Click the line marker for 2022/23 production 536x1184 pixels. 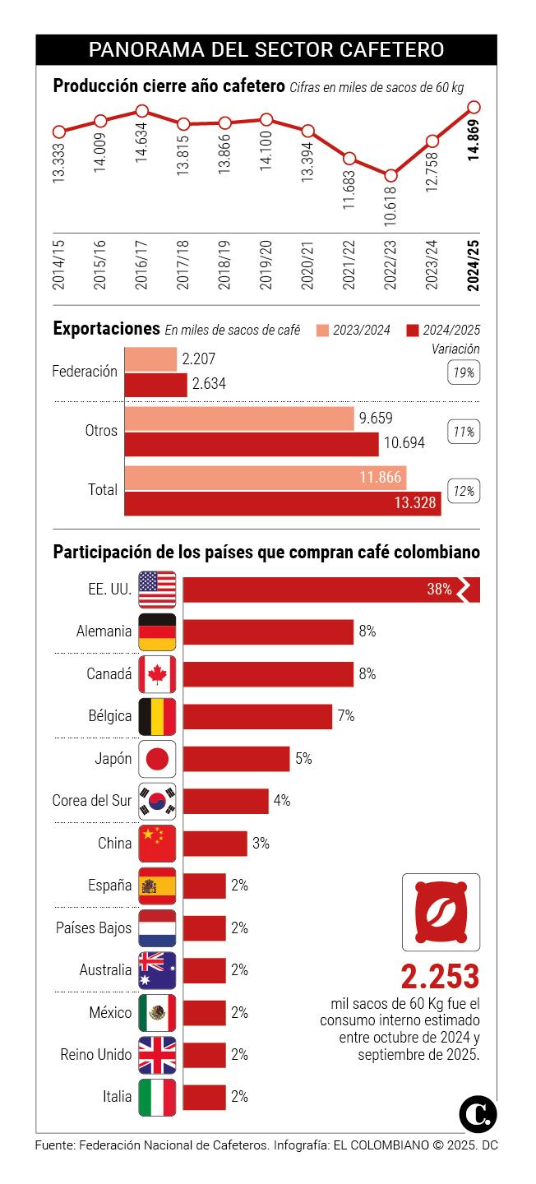(x=390, y=175)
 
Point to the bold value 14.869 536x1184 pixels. (x=474, y=144)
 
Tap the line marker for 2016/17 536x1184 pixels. (x=142, y=110)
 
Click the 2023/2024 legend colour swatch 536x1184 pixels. (x=321, y=331)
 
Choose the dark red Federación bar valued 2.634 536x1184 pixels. (x=155, y=384)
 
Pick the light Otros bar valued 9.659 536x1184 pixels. (x=239, y=418)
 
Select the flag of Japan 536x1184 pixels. (x=157, y=758)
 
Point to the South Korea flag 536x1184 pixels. (x=157, y=801)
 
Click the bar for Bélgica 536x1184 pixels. (x=257, y=716)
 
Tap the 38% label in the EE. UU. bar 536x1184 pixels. (x=439, y=590)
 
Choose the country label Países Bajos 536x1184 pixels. (x=94, y=927)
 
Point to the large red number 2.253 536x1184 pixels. (x=440, y=976)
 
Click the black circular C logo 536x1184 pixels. (x=478, y=1114)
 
